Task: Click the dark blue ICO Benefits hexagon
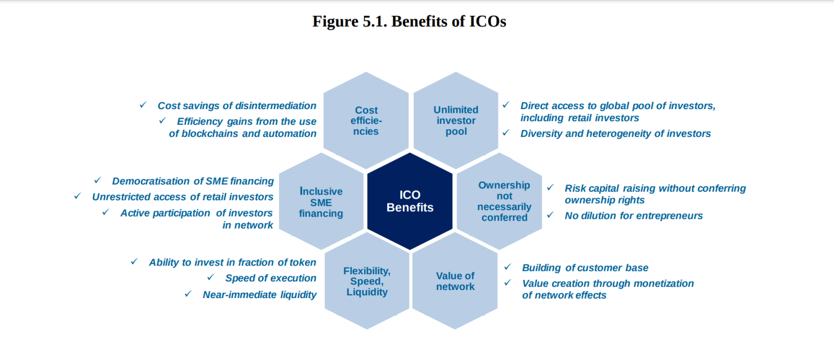tap(410, 201)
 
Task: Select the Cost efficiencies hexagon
tap(366, 121)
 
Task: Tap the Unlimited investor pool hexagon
tap(456, 121)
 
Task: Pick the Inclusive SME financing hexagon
tap(321, 202)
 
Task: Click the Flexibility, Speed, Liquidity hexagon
tap(367, 281)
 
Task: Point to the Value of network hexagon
tap(455, 281)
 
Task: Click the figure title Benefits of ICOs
tap(409, 22)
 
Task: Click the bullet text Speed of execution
tap(270, 278)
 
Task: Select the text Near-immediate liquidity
tap(260, 295)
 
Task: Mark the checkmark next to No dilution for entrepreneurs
tap(551, 214)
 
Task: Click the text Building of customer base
tap(585, 268)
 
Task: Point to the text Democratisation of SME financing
tap(193, 181)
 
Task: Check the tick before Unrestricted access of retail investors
tap(78, 195)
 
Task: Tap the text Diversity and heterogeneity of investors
tap(615, 134)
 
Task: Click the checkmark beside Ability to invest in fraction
tap(134, 261)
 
